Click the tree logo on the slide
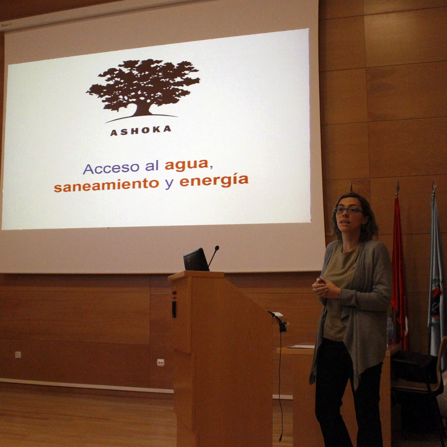(143, 91)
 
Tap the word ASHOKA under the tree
(141, 131)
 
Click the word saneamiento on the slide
(106, 186)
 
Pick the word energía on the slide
(214, 180)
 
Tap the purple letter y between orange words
(169, 184)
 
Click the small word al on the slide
(152, 166)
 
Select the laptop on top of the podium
(196, 259)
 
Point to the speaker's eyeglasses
(348, 211)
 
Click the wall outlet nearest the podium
(160, 363)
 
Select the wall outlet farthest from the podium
(18, 354)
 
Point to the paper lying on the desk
(302, 347)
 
